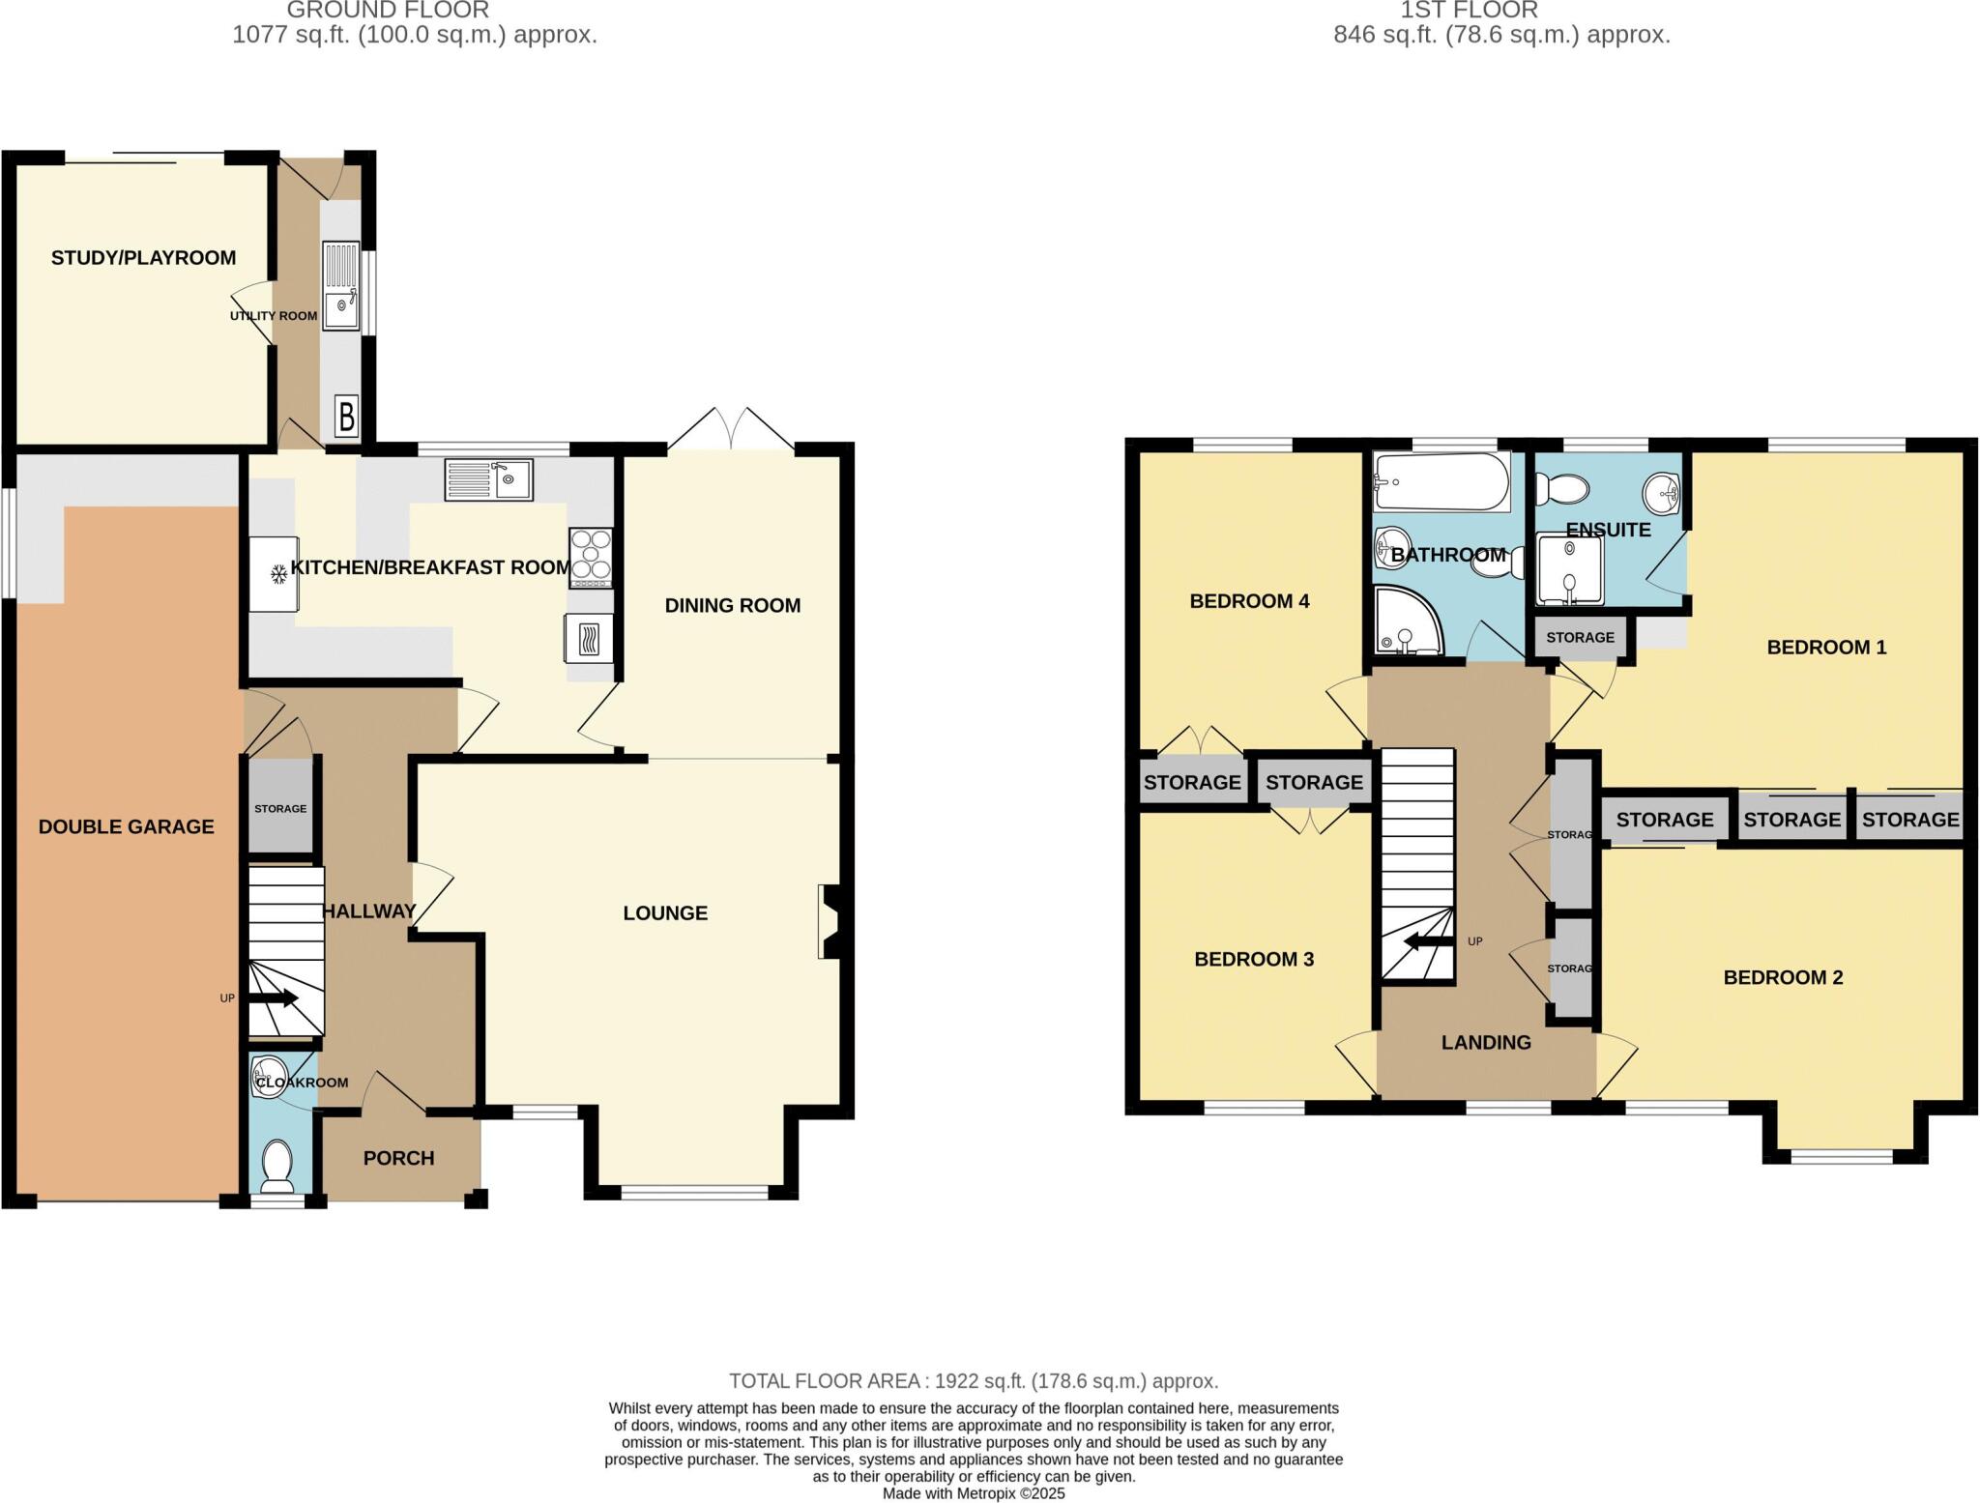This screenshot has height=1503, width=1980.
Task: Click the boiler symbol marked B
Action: point(346,417)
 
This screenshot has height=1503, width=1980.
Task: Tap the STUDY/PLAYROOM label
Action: point(143,258)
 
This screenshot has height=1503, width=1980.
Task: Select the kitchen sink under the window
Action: point(488,479)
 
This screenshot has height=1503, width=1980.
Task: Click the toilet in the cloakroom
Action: point(277,1166)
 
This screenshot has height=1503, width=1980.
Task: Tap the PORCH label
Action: point(398,1158)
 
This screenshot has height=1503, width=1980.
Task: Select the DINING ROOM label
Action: point(732,606)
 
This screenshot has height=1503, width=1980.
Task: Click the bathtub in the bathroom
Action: point(1441,482)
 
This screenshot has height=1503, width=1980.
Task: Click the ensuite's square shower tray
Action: point(1570,570)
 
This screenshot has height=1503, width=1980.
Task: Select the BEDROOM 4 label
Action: point(1249,601)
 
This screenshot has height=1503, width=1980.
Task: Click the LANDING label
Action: point(1486,1043)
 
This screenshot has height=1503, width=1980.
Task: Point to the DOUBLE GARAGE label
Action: point(126,826)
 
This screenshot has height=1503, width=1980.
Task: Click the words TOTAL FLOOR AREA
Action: point(824,1381)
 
